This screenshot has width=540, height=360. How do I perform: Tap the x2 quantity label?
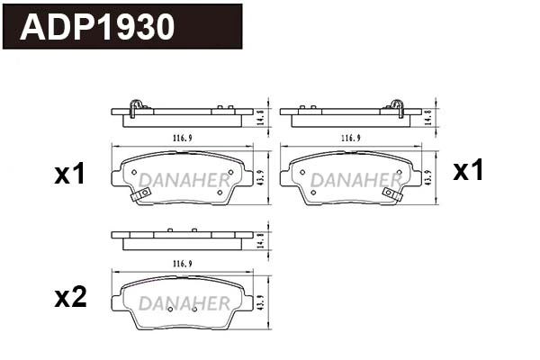pos(70,298)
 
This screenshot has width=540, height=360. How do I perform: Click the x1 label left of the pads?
pos(69,175)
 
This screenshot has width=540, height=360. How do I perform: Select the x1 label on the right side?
pos(468,170)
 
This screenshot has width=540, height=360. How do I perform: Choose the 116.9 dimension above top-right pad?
pos(351,138)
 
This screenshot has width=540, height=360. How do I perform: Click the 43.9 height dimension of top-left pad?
pos(261,176)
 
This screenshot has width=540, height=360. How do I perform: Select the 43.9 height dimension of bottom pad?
pos(261,303)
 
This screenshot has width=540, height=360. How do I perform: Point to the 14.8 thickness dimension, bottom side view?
pos(261,240)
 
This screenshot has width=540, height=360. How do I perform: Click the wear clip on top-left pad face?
pos(140,195)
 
